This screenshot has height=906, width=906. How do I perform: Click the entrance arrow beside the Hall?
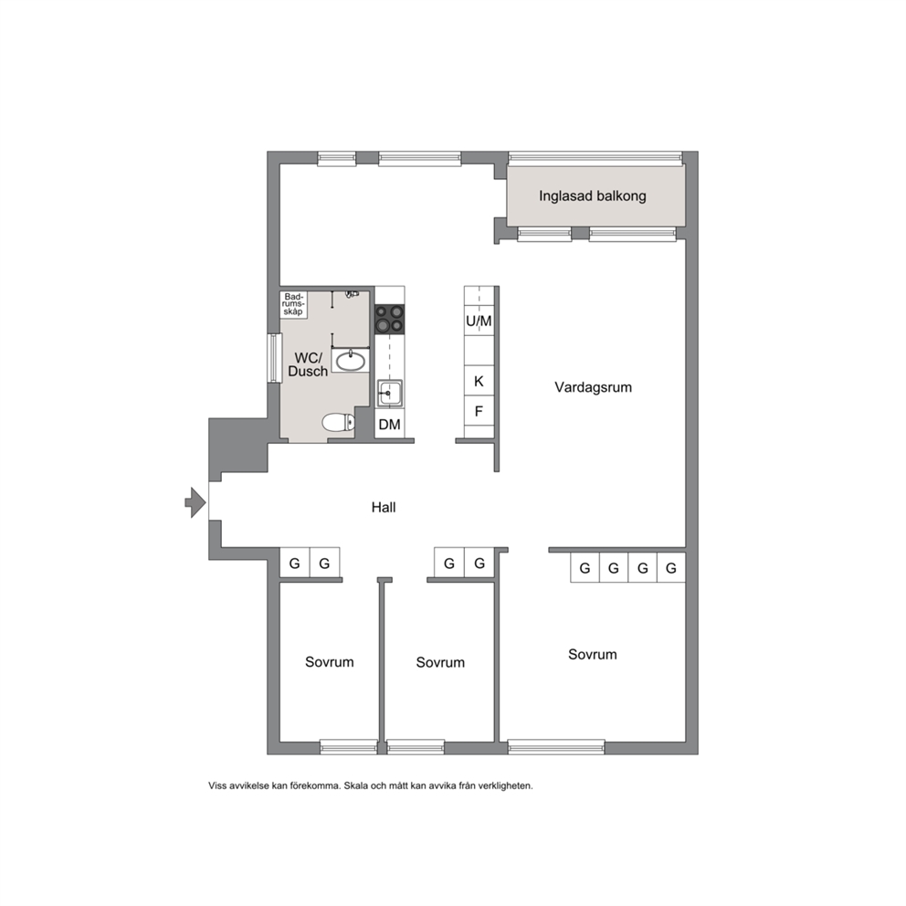pos(195,502)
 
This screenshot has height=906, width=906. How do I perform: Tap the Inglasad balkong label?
pos(592,195)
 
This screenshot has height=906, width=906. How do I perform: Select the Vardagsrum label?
pos(593,387)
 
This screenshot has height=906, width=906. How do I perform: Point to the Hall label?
pos(384,507)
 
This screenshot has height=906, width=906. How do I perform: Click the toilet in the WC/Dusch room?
pos(338,422)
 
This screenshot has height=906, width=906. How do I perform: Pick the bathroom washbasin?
pos(350,361)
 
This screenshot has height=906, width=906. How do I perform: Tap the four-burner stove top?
pos(389,319)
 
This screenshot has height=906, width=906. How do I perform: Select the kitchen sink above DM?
pos(389,394)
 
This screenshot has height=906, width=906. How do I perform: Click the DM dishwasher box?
pos(389,425)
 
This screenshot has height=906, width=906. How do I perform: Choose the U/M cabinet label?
pos(479,321)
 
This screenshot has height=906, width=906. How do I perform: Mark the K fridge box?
pos(479,381)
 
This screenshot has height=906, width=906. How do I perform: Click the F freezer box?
pos(479,411)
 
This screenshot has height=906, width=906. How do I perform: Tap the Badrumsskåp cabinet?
pos(293,304)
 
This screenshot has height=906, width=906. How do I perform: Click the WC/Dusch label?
pos(308,364)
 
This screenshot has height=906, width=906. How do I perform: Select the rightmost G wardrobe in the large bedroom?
pos(671,568)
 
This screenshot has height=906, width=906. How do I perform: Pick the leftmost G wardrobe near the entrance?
pos(295,564)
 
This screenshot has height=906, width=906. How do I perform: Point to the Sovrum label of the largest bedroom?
pos(592,654)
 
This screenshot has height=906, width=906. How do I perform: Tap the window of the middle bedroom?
pos(416,747)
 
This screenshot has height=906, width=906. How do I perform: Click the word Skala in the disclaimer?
pos(355,785)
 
